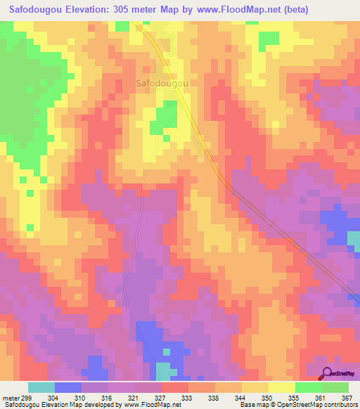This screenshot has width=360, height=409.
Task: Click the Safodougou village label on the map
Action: (161, 82)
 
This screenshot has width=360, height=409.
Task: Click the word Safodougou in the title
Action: (41, 10)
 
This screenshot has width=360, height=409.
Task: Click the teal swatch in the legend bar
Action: (41, 387)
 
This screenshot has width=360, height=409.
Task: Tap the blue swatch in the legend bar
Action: (68, 387)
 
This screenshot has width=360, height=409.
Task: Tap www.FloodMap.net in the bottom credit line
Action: (143, 405)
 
